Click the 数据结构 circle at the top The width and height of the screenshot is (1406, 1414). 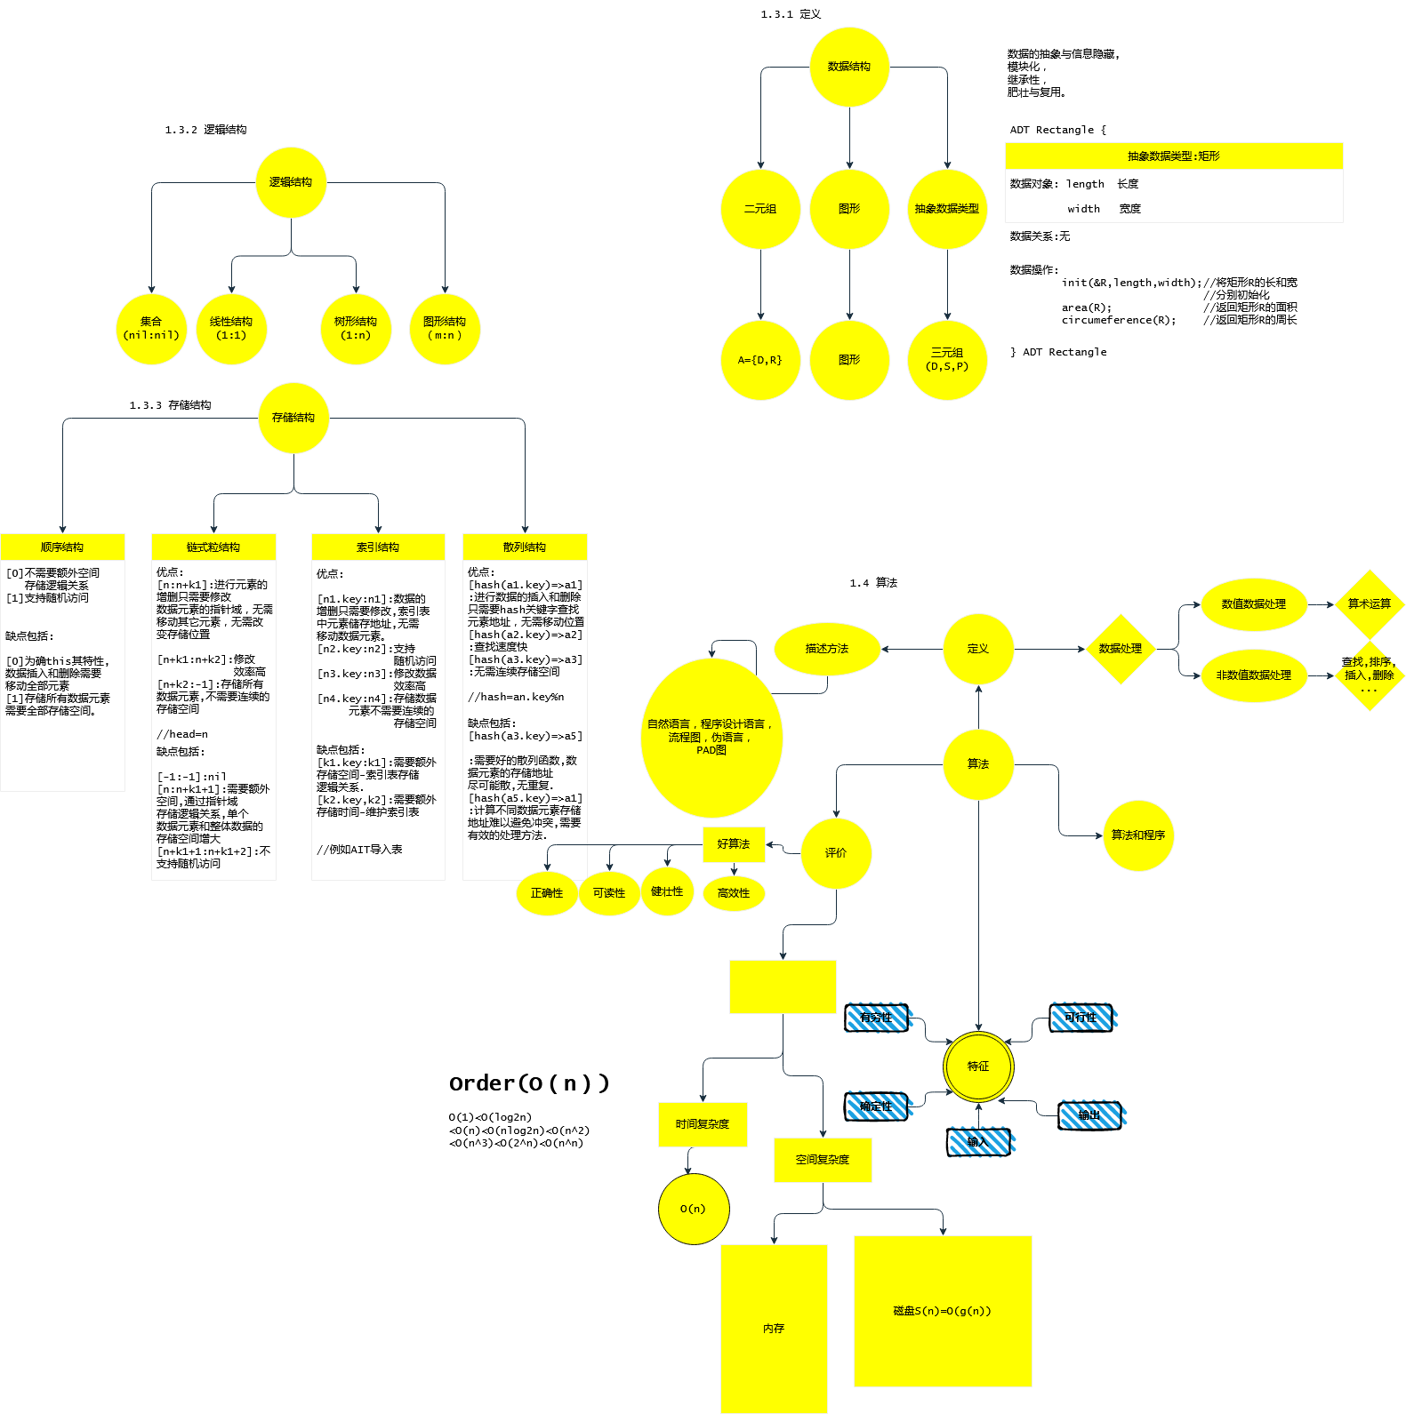pyautogui.click(x=849, y=67)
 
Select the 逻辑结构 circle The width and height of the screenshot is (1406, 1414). pyautogui.click(x=291, y=182)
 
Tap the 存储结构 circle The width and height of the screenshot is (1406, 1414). pyautogui.click(x=293, y=418)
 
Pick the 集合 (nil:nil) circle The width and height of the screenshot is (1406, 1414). pyautogui.click(x=151, y=329)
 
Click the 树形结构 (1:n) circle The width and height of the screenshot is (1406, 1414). pyautogui.click(x=356, y=329)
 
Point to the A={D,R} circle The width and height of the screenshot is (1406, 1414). pyautogui.click(x=760, y=360)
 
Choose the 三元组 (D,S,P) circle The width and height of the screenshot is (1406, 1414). pyautogui.click(x=947, y=360)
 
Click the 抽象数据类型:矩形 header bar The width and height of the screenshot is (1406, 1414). pyautogui.click(x=1174, y=156)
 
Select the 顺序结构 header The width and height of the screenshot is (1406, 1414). pyautogui.click(x=62, y=547)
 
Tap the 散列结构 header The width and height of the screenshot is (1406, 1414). pyautogui.click(x=525, y=547)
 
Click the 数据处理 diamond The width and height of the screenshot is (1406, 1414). pyautogui.click(x=1121, y=649)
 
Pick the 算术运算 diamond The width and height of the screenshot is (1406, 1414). pyautogui.click(x=1370, y=604)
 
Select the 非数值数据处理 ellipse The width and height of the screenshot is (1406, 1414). pyautogui.click(x=1254, y=675)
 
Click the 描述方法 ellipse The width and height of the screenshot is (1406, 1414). pyautogui.click(x=827, y=649)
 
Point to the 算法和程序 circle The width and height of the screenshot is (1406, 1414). pyautogui.click(x=1138, y=835)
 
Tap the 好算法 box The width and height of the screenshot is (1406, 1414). pyautogui.click(x=734, y=844)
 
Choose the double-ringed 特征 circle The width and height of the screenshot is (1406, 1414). pyautogui.click(x=978, y=1066)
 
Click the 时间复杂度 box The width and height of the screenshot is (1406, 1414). pyautogui.click(x=703, y=1124)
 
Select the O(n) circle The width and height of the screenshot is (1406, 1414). pyautogui.click(x=694, y=1209)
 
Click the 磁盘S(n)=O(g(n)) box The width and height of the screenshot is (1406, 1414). pyautogui.click(x=943, y=1311)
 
